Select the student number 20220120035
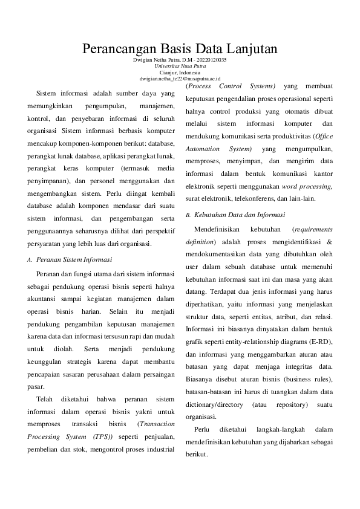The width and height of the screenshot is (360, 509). click(212, 60)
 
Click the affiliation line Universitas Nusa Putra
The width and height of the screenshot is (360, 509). click(180, 66)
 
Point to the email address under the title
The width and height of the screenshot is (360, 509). click(180, 79)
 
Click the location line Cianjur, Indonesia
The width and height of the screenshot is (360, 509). click(180, 73)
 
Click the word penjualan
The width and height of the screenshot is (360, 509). click(160, 436)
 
